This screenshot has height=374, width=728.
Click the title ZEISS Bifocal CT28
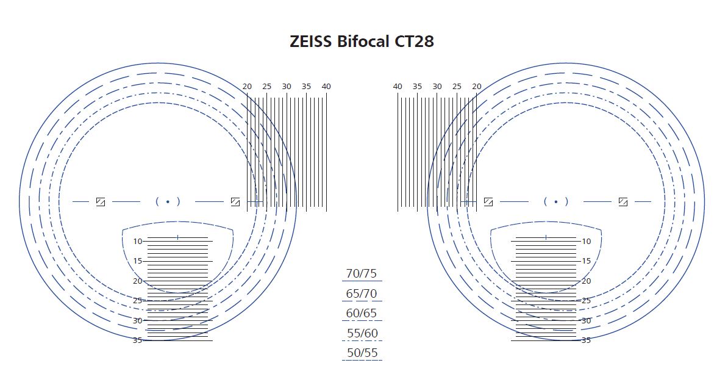[362, 41]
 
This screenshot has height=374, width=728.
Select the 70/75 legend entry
[362, 273]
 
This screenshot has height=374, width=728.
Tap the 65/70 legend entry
[362, 293]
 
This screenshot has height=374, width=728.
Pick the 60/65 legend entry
[362, 314]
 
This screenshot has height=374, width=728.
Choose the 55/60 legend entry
[362, 333]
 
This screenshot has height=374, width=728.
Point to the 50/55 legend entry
[362, 353]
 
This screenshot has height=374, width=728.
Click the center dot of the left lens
[168, 201]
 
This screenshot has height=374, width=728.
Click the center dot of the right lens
[555, 201]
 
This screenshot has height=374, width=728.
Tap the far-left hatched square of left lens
[101, 201]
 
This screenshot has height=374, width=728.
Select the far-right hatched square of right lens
[623, 201]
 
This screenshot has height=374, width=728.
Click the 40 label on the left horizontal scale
[326, 87]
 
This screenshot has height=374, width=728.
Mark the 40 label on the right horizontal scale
[398, 87]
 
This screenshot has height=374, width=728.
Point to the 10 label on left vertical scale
[138, 241]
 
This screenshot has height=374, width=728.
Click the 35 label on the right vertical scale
[586, 340]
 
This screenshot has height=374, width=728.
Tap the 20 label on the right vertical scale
[586, 281]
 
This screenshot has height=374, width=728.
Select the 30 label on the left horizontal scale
[287, 87]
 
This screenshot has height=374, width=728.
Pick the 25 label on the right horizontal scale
[457, 87]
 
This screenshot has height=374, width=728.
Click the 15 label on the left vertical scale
[138, 261]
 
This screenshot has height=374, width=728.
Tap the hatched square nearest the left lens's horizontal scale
[235, 201]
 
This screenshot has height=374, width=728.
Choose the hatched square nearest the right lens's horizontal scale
[488, 201]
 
